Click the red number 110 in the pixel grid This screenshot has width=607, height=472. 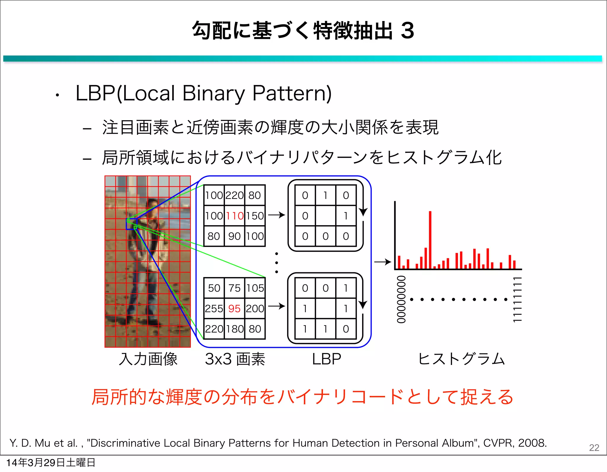coord(234,216)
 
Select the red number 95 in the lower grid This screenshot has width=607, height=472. coord(234,308)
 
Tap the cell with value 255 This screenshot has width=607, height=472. coord(214,308)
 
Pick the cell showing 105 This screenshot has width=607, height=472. coord(255,288)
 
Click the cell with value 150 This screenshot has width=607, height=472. coord(255,216)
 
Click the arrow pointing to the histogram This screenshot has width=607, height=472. coord(383,262)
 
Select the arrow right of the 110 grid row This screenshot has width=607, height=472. coord(277,215)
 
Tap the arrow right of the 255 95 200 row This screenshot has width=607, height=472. coord(277,306)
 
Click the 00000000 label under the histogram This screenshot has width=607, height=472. coord(401,299)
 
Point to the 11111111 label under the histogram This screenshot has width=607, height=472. coord(517,299)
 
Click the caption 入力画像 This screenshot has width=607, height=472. coord(148,359)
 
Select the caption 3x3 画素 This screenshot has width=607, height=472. coord(235,359)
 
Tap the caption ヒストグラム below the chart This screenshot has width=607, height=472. coord(461,359)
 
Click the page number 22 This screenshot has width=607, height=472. coord(594,447)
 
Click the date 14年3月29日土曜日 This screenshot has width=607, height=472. coord(51,463)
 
